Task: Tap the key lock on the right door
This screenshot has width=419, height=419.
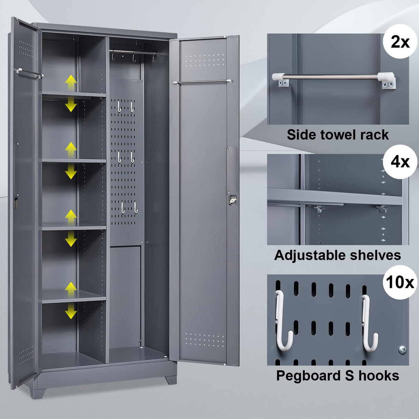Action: click(x=231, y=199)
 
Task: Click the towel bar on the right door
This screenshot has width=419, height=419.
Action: click(x=203, y=81)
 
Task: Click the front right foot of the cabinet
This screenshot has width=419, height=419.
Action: click(x=172, y=379)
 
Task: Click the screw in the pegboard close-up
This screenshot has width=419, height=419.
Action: click(x=402, y=350)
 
